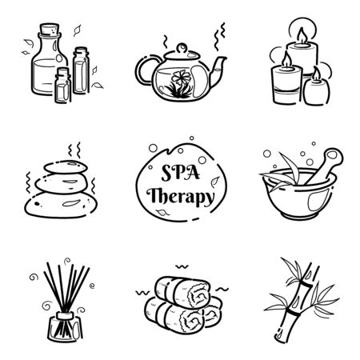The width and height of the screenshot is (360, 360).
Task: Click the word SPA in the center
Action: tap(181, 173)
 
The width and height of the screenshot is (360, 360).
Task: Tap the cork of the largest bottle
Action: tap(50, 29)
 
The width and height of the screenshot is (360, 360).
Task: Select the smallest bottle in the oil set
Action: tap(63, 86)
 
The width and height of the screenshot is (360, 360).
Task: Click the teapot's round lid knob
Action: tap(182, 48)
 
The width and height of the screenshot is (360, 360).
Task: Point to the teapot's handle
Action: tap(142, 70)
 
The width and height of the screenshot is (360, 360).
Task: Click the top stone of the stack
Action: tap(66, 167)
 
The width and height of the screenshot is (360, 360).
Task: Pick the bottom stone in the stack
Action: tap(61, 205)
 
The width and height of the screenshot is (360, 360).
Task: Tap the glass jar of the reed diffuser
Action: tap(65, 327)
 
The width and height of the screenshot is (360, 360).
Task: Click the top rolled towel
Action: tap(182, 293)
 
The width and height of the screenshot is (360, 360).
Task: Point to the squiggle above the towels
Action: tap(182, 266)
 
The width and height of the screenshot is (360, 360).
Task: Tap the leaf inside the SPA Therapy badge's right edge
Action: tap(215, 182)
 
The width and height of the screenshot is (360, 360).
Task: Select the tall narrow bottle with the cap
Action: tap(81, 70)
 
